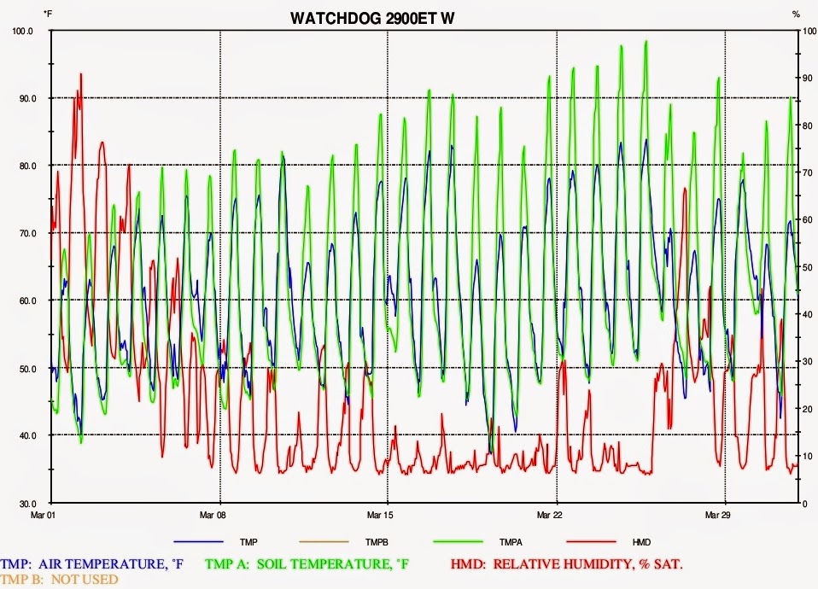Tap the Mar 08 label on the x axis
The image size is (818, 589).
coord(220,516)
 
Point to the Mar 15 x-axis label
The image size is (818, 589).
coord(389,516)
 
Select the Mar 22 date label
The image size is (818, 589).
coord(557,516)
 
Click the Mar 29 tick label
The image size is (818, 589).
coord(725,516)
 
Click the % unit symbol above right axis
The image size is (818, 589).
coord(796,15)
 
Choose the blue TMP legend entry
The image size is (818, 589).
coord(249,542)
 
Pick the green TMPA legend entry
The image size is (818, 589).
coord(507,542)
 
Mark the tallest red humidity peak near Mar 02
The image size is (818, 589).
coord(81,75)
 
